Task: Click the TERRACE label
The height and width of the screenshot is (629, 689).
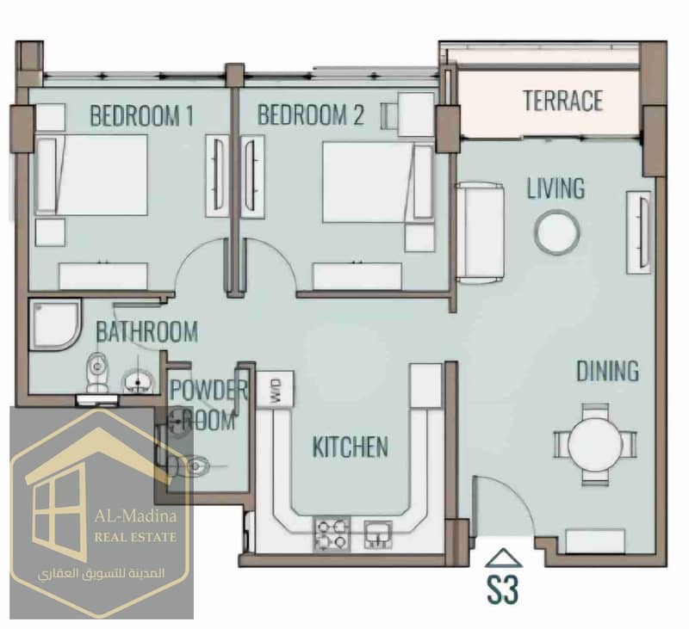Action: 563,101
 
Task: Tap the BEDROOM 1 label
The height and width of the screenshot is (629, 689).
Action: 141,115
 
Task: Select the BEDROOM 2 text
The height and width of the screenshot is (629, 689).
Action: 311,114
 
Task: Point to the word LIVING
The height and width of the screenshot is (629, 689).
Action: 556,188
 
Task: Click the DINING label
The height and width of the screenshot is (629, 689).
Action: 608,371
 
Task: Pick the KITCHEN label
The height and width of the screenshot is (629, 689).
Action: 351,447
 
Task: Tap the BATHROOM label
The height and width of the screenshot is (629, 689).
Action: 146,332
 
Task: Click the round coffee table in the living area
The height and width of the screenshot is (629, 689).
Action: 556,232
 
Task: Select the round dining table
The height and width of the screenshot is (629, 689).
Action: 595,445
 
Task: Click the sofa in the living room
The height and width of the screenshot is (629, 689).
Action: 480,232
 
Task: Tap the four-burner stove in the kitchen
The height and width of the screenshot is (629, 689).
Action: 332,533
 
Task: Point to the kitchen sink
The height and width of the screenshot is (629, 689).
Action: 378,533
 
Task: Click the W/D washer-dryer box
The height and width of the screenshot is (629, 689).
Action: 276,389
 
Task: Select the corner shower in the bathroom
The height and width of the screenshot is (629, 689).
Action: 55,324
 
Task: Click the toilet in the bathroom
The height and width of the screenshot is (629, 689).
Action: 97,372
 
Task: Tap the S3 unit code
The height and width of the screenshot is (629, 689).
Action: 503,589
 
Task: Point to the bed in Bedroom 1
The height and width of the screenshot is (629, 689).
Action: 91,176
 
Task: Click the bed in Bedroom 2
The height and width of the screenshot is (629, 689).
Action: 378,182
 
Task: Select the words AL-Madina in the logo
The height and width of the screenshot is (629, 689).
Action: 135,515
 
